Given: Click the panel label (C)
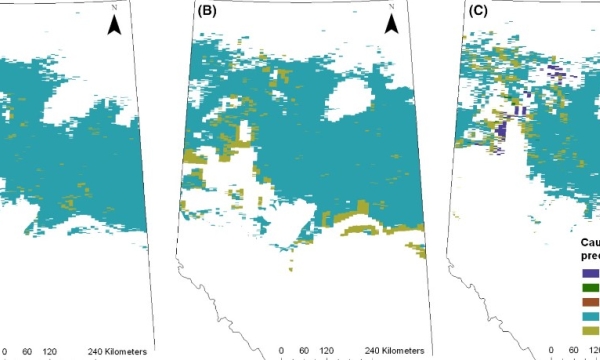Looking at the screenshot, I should [479, 12].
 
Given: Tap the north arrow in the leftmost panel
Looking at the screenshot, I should [115, 24].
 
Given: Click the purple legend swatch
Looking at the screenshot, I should [589, 270].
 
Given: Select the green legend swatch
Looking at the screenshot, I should [589, 286].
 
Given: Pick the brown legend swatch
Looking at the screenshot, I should [589, 301].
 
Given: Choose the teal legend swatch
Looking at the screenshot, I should [589, 316].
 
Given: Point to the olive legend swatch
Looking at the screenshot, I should [589, 331].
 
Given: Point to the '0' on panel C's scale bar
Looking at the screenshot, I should [553, 350].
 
